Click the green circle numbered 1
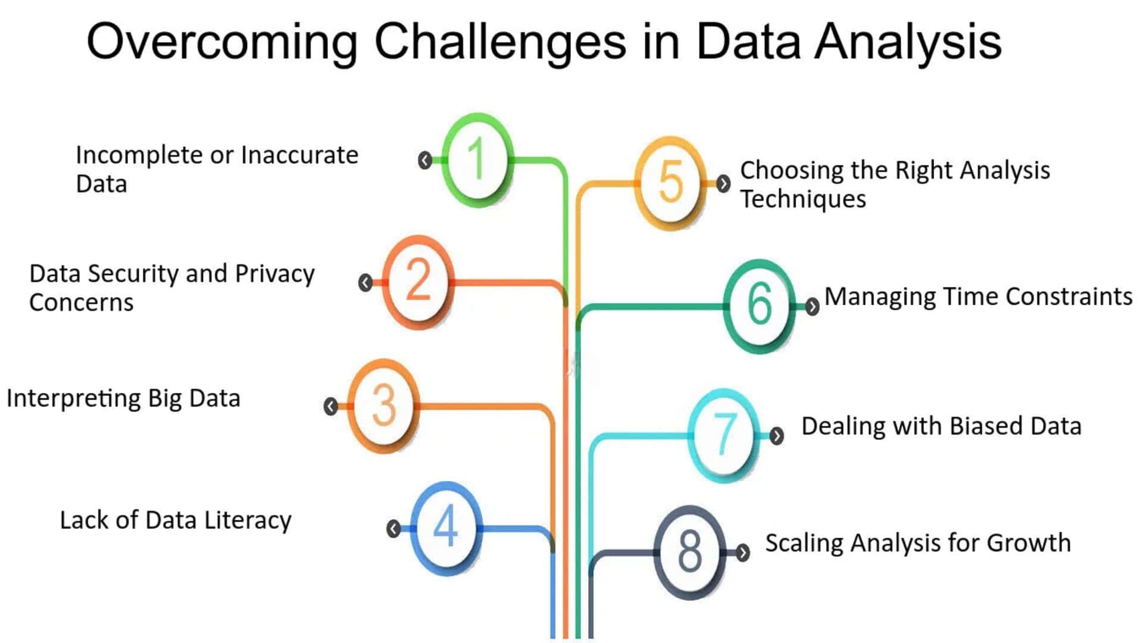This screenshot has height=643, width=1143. (477, 160)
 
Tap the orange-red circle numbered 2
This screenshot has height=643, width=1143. (418, 281)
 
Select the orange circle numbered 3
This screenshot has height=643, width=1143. (383, 405)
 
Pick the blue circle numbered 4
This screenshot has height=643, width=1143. (446, 527)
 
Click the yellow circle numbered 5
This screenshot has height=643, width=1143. (671, 183)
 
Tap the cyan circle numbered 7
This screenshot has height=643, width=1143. (724, 435)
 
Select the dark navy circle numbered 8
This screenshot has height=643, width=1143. (690, 552)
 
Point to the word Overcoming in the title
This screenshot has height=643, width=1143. (222, 42)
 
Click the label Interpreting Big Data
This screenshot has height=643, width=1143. (123, 398)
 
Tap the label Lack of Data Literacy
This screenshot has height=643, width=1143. (176, 520)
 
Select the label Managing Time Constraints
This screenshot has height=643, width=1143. (978, 296)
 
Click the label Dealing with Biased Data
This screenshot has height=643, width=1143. (941, 426)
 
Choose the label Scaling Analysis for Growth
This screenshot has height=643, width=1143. (918, 543)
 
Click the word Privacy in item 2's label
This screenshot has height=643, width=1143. (274, 274)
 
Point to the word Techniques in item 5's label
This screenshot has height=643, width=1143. (803, 199)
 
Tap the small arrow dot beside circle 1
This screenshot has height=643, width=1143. (424, 160)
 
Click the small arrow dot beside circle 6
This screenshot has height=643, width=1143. (812, 306)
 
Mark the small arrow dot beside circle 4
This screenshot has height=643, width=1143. (393, 529)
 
